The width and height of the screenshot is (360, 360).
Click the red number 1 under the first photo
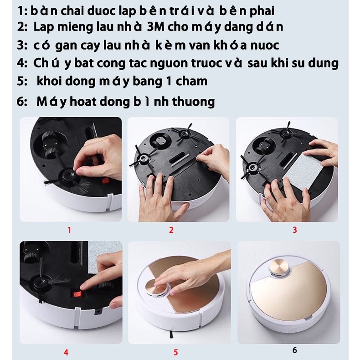point(69,230)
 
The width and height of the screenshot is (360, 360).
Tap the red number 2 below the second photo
point(171,230)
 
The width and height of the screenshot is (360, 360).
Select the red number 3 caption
point(295,230)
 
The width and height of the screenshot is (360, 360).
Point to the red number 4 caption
point(66,352)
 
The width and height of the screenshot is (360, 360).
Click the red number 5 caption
point(176,352)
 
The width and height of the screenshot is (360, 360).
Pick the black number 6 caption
point(295,350)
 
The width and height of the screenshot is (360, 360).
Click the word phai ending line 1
point(262,11)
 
